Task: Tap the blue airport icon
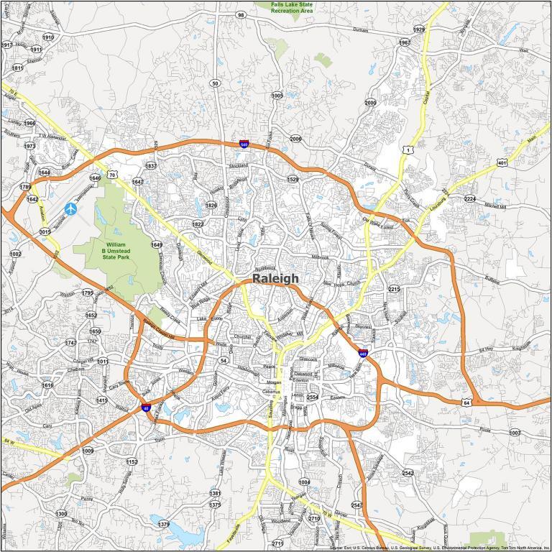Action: pyautogui.click(x=71, y=209)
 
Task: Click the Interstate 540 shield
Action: pyautogui.click(x=244, y=144)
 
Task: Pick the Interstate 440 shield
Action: pyautogui.click(x=363, y=353)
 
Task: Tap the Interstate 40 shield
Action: pyautogui.click(x=146, y=408)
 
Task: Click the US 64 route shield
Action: pyautogui.click(x=467, y=402)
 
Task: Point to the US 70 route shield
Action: pyautogui.click(x=111, y=175)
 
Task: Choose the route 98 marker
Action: pyautogui.click(x=241, y=15)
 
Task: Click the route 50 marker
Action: pyautogui.click(x=215, y=84)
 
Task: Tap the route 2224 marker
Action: pyautogui.click(x=470, y=199)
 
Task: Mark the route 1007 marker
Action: pyautogui.click(x=515, y=433)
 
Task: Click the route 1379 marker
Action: pyautogui.click(x=164, y=525)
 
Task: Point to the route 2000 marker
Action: pyautogui.click(x=370, y=103)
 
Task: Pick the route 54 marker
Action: pyautogui.click(x=224, y=360)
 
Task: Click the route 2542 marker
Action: pyautogui.click(x=408, y=473)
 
